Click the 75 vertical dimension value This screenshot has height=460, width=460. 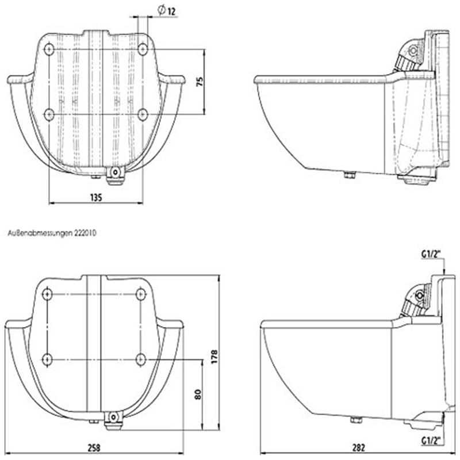click(200, 82)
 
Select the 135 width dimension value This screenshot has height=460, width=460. click(96, 197)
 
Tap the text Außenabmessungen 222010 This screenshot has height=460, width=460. click(52, 234)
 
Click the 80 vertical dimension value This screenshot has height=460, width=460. click(197, 394)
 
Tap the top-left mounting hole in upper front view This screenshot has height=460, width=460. click(49, 49)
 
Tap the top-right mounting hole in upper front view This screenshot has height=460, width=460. click(143, 49)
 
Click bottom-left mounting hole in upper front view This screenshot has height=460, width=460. click(49, 114)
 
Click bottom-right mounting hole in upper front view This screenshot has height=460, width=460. click(143, 114)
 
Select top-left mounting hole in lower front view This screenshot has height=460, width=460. click(48, 294)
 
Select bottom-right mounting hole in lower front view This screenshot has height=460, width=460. click(141, 359)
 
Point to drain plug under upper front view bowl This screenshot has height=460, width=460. click(116, 172)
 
